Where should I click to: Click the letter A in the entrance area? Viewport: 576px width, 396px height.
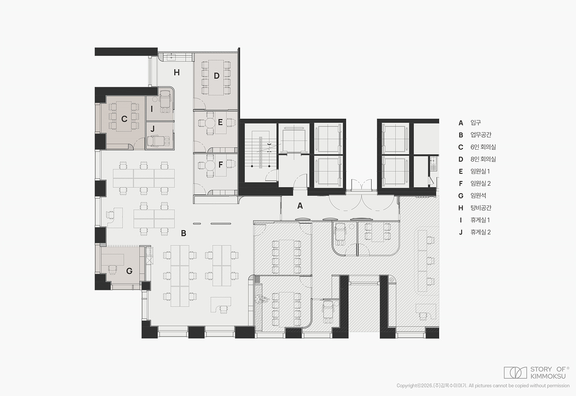pyautogui.click(x=300, y=206)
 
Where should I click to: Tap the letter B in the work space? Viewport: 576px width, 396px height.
pyautogui.click(x=183, y=233)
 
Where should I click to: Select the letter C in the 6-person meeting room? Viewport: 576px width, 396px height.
pyautogui.click(x=124, y=119)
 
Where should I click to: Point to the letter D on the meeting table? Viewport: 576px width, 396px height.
pyautogui.click(x=216, y=76)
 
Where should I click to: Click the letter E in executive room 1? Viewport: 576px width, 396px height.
pyautogui.click(x=220, y=122)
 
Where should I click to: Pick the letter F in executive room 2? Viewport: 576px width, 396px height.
pyautogui.click(x=220, y=165)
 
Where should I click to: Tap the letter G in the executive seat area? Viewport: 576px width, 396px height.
pyautogui.click(x=129, y=271)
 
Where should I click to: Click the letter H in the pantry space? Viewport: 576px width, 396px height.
pyautogui.click(x=176, y=73)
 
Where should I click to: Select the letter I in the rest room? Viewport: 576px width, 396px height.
pyautogui.click(x=152, y=109)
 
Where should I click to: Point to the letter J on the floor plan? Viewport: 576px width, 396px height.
pyautogui.click(x=153, y=129)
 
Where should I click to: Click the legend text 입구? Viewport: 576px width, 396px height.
pyautogui.click(x=476, y=123)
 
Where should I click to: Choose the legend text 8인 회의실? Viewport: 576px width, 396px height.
pyautogui.click(x=483, y=159)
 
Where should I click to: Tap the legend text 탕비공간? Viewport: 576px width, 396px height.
pyautogui.click(x=481, y=208)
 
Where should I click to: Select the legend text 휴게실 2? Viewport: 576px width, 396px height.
pyautogui.click(x=481, y=232)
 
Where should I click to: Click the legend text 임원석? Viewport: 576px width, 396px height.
pyautogui.click(x=478, y=196)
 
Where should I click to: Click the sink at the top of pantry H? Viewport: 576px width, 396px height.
pyautogui.click(x=171, y=58)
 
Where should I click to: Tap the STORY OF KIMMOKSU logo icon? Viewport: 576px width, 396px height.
pyautogui.click(x=515, y=373)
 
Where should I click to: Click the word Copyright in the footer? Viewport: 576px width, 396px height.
pyautogui.click(x=407, y=386)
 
